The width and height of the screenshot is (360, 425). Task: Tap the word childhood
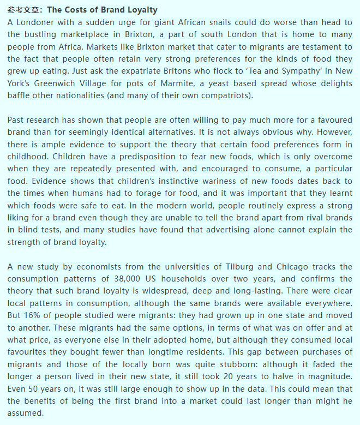(x=27, y=157)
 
